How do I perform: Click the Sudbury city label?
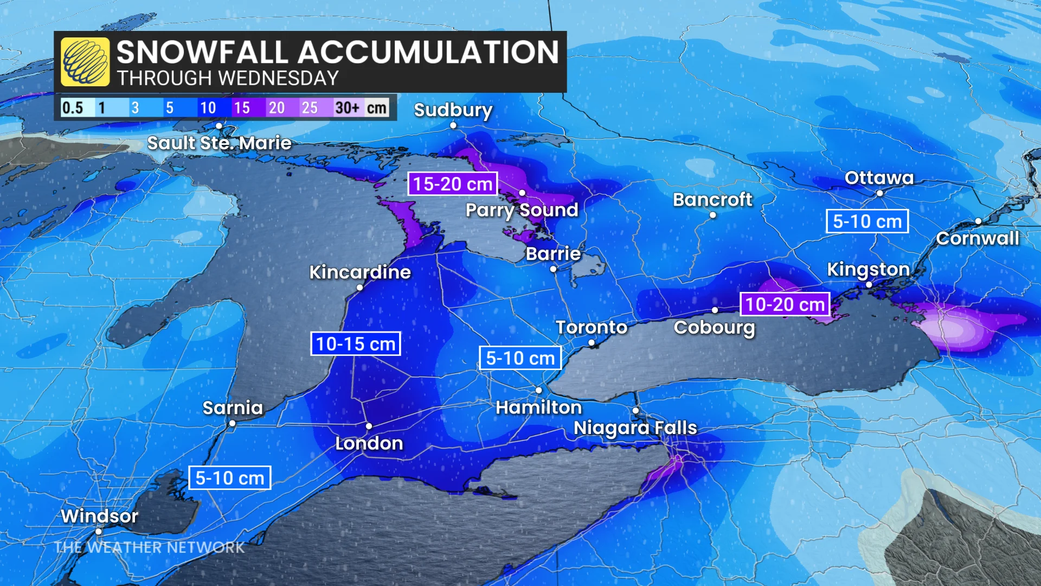453,110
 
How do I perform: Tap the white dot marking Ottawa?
879,193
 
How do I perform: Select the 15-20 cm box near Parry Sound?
453,184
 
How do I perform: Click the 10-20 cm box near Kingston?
785,304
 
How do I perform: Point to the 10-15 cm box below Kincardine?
355,343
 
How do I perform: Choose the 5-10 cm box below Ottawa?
867,221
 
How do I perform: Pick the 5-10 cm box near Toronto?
520,358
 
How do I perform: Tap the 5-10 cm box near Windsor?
229,478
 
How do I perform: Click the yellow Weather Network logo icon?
85,62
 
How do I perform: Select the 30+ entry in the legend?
348,107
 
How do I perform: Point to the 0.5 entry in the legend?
73,107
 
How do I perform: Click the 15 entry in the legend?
242,107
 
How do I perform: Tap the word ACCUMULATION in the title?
428,52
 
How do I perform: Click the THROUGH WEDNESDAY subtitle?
228,79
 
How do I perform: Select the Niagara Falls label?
635,428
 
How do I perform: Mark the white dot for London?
369,426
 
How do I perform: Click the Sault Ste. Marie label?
219,143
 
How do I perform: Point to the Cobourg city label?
714,328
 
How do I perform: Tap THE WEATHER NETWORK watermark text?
150,547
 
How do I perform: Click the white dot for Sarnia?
232,424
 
